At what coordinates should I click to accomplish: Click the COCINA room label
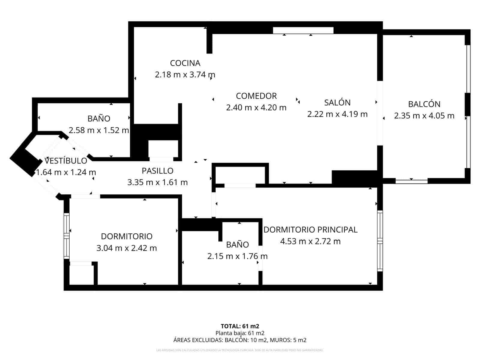185,63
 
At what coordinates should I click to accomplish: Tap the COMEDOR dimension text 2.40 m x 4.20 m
256,107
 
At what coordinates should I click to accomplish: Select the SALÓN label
337,103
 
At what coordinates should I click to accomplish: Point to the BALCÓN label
424,104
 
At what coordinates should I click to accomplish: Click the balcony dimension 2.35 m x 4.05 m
424,116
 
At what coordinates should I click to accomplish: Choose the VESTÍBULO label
66,161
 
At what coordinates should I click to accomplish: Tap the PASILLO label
157,171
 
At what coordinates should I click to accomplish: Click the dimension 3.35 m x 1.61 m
157,182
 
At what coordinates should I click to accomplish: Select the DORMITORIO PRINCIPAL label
310,229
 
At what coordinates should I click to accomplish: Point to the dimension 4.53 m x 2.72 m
310,241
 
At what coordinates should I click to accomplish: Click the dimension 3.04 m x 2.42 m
126,248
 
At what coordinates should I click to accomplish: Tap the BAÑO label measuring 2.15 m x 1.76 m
237,244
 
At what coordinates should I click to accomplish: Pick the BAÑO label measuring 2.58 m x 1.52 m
99,118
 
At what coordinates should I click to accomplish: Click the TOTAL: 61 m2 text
240,326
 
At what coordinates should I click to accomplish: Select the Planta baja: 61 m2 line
240,333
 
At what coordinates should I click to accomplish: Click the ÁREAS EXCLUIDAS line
240,340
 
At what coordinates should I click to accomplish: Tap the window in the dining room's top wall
303,30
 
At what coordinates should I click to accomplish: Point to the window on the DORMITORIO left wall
67,236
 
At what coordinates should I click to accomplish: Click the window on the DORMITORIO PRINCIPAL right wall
380,241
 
